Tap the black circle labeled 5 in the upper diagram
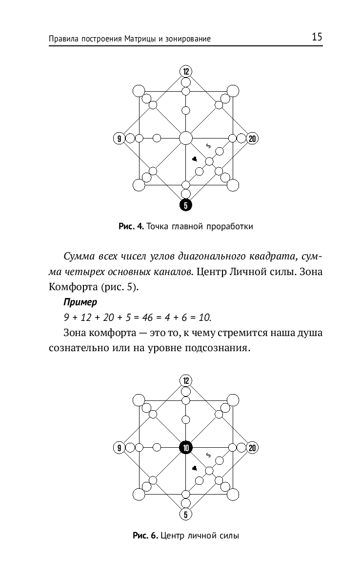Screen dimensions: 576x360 coord(185,205)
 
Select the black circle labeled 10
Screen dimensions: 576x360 coord(185,447)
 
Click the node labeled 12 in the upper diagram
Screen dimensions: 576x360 coord(185,71)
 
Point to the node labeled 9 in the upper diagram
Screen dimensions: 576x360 coord(119,139)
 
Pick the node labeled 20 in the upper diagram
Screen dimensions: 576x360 coord(252,139)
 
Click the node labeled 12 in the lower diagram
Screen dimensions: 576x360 coord(185,380)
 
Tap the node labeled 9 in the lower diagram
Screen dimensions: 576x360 coord(119,447)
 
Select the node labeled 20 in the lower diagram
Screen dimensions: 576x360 coord(252,447)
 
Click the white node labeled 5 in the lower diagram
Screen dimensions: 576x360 coord(185,514)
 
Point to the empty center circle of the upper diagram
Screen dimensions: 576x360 coord(185,138)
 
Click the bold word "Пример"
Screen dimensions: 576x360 coord(77,303)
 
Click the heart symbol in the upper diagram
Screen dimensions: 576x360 coord(194,159)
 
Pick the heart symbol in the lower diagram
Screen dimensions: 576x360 coord(194,468)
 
